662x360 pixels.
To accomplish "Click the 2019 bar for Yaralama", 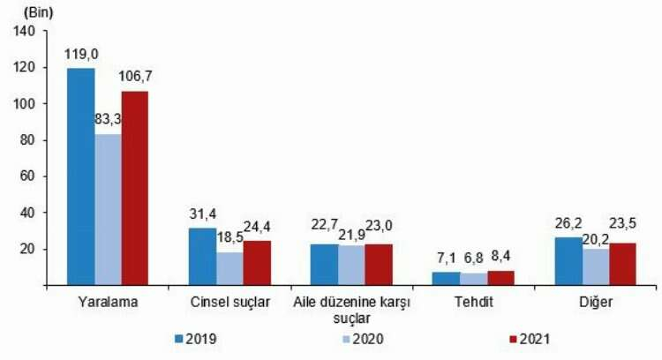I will coord(81,176).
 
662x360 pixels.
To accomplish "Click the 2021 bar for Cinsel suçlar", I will coord(257,262).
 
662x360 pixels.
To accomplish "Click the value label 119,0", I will coord(80,55).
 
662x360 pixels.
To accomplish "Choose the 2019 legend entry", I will coord(196,338).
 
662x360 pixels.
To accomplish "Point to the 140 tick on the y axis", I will coord(25,31).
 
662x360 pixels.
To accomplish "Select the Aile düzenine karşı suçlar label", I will coord(352,311).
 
